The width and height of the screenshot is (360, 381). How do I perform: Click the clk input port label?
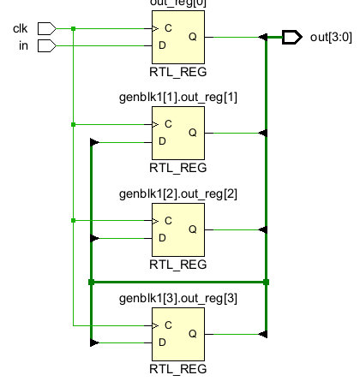(x=20, y=29)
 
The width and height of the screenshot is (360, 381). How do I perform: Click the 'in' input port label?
(x=23, y=45)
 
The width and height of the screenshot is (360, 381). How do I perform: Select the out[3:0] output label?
(x=330, y=37)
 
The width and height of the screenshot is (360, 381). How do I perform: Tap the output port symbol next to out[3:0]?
(x=291, y=37)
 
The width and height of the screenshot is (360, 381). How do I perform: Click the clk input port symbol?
(x=49, y=29)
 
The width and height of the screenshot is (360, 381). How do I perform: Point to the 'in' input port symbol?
(x=49, y=45)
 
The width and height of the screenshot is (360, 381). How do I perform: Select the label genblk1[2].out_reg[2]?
(x=178, y=193)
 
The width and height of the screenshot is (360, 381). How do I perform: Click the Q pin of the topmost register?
(x=192, y=37)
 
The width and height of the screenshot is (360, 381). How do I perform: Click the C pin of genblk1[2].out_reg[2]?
(x=168, y=221)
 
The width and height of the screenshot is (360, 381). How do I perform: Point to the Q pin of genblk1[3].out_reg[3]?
(x=192, y=334)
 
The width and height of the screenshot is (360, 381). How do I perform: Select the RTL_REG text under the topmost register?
(x=178, y=72)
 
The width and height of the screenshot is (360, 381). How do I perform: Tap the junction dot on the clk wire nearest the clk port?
(x=74, y=29)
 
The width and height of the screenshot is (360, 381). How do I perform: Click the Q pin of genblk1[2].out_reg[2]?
(x=192, y=229)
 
